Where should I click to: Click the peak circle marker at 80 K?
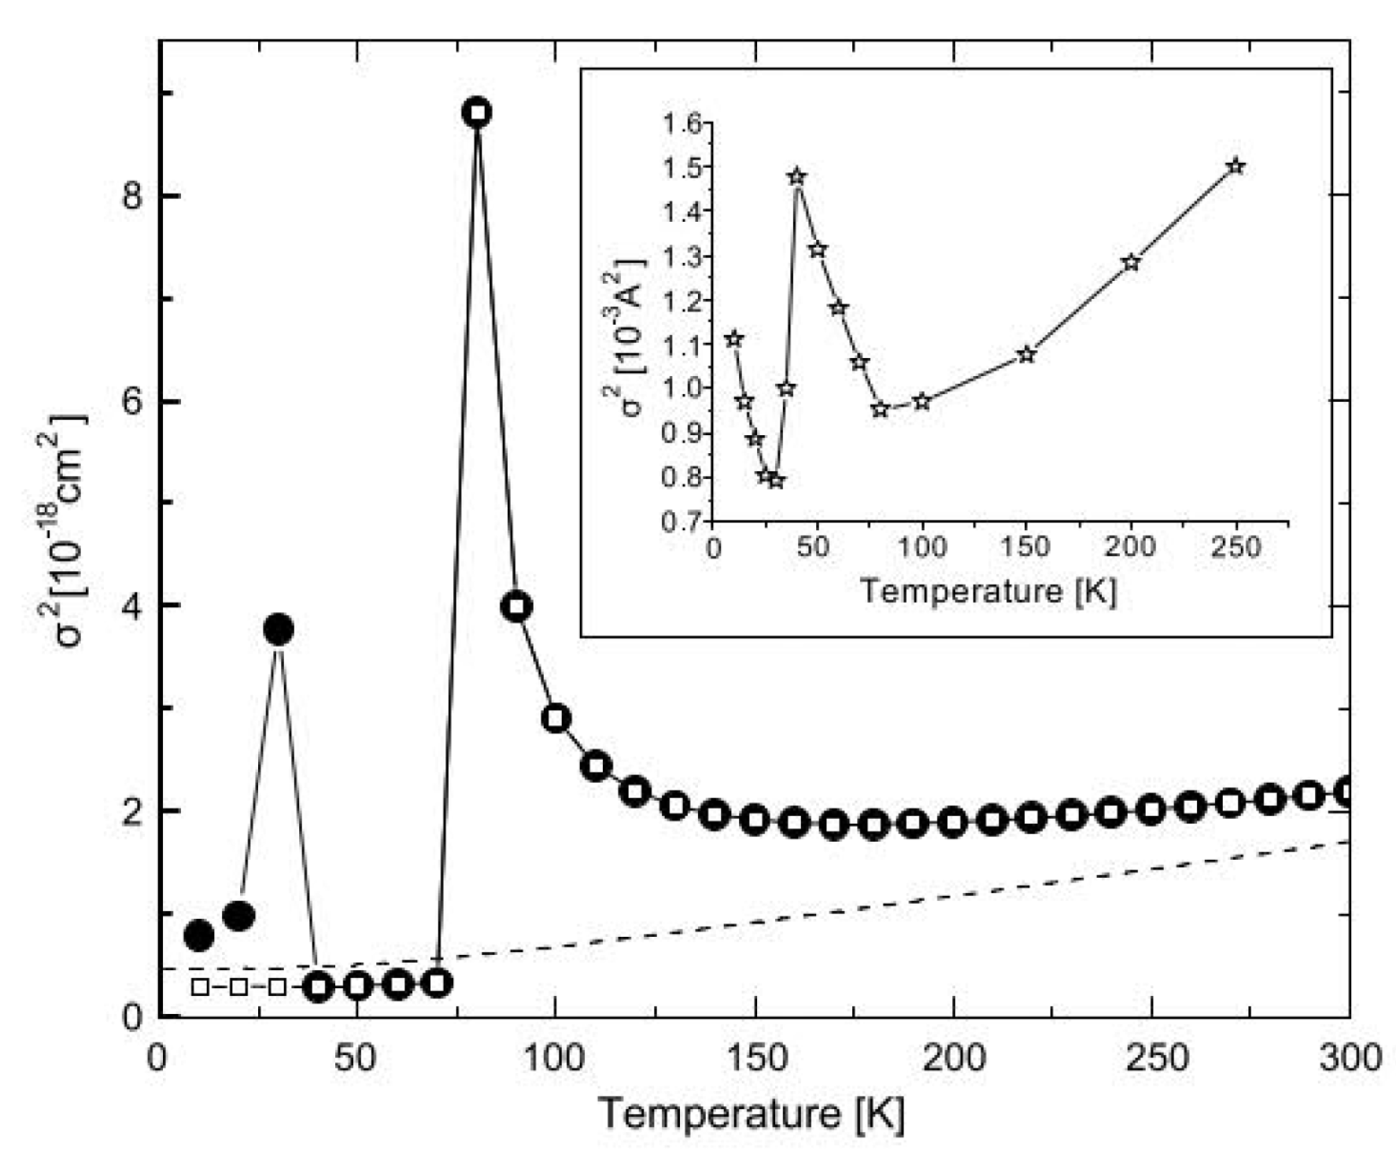click(x=477, y=112)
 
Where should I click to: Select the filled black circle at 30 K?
click(x=279, y=629)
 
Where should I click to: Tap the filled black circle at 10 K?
click(x=198, y=935)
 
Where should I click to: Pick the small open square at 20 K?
click(x=238, y=986)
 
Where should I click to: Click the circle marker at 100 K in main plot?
click(x=556, y=718)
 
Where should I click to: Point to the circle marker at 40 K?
click(x=318, y=987)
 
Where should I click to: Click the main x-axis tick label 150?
click(x=755, y=1058)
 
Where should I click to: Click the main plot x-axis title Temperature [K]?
click(x=752, y=1114)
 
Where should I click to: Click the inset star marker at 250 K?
click(x=1235, y=166)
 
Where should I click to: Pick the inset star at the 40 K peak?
click(x=796, y=176)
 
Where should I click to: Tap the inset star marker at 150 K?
click(x=1025, y=354)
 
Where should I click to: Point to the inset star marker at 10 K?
click(x=734, y=339)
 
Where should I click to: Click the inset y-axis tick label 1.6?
click(x=682, y=124)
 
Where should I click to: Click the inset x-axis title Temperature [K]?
click(x=988, y=591)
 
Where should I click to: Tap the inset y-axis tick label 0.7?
click(x=682, y=522)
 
